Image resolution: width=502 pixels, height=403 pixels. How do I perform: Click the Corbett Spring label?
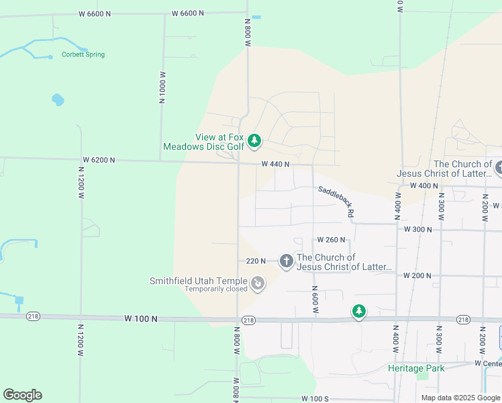(83, 54)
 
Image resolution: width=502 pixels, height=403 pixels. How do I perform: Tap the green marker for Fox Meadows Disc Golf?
(254, 141)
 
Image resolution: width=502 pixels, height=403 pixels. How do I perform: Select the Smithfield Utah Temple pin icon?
(258, 285)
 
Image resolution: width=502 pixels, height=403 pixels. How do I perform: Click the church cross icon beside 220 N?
(287, 261)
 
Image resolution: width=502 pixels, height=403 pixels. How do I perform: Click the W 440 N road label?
(275, 164)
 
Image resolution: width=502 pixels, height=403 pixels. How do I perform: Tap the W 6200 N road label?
(99, 161)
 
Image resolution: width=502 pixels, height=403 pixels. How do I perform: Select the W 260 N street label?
(331, 240)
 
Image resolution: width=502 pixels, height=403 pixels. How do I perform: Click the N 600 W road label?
(314, 297)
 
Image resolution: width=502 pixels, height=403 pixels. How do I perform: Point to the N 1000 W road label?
(162, 86)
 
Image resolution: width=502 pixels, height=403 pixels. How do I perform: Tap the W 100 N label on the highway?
(141, 319)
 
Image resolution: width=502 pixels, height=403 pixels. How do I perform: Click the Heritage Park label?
(416, 368)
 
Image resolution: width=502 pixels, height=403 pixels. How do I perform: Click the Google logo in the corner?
(22, 395)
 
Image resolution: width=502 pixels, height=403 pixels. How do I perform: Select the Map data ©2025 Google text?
(460, 398)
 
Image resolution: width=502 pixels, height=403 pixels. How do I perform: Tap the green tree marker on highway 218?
(359, 312)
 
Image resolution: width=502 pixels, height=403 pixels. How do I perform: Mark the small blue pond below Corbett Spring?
(58, 100)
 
